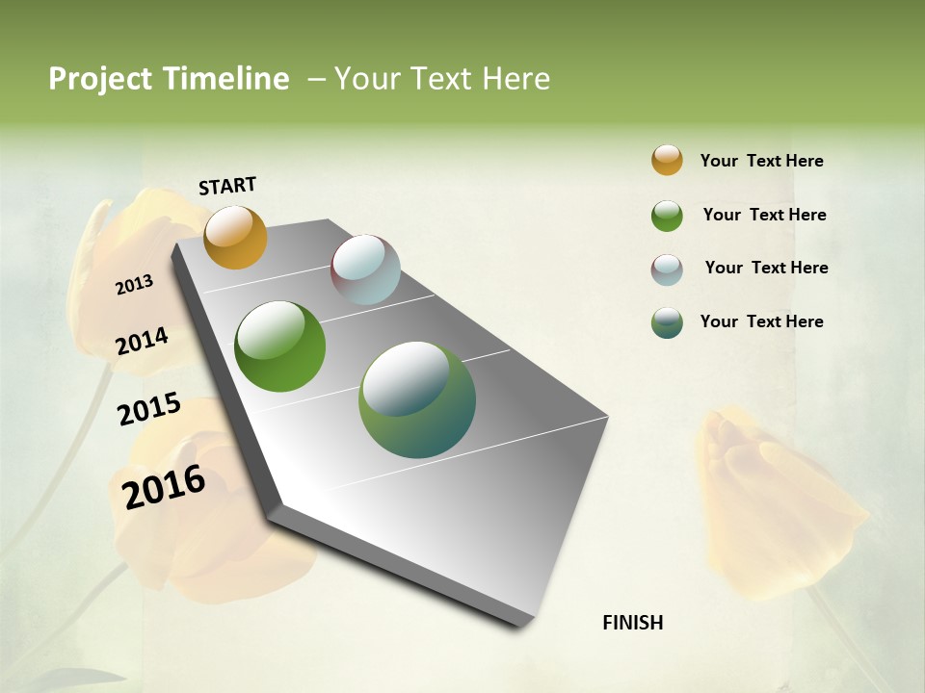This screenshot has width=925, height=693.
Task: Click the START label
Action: [x=227, y=186]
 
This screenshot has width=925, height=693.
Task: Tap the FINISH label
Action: [x=633, y=623]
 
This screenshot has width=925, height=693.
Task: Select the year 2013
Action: [x=134, y=285]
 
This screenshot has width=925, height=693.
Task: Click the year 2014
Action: [x=142, y=341]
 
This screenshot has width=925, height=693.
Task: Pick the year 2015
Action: [x=149, y=409]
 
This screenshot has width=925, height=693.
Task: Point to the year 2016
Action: [x=164, y=487]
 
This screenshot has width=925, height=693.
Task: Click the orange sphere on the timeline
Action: [x=235, y=237]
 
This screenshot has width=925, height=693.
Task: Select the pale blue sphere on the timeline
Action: [x=365, y=269]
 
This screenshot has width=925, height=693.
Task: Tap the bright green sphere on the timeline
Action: [x=280, y=346]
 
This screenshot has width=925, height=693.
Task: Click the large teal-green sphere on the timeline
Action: [x=417, y=399]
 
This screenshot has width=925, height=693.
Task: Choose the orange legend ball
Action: [x=667, y=160]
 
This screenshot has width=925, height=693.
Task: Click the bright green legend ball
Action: [x=667, y=216]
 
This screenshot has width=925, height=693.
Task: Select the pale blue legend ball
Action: [x=667, y=269]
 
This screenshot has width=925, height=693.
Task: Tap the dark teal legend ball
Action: [x=667, y=322]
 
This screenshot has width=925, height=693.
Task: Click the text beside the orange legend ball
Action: [x=761, y=161]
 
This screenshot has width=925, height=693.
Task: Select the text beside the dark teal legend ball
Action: [x=761, y=321]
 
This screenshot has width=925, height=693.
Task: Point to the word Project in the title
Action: [x=101, y=79]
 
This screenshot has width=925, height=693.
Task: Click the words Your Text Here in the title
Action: [x=442, y=79]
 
